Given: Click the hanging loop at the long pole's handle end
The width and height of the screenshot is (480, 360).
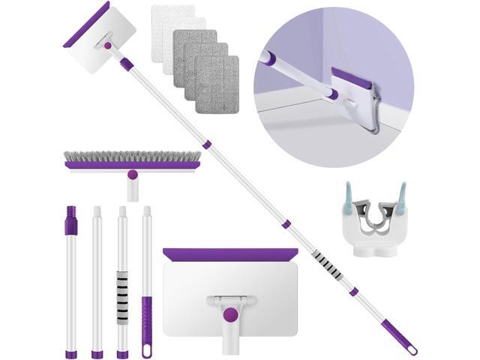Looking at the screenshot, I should pos(411,349).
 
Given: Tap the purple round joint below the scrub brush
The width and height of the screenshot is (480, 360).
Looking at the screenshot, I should pos(133,174).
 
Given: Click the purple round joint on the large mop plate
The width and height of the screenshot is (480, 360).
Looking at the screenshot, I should pos(230,314).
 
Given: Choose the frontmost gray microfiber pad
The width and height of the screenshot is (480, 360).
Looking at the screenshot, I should pos(217,84).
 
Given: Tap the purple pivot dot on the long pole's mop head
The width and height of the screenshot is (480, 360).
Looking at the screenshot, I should pos(108,46).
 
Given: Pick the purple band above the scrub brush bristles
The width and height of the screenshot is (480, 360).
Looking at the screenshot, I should pos(132,164).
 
